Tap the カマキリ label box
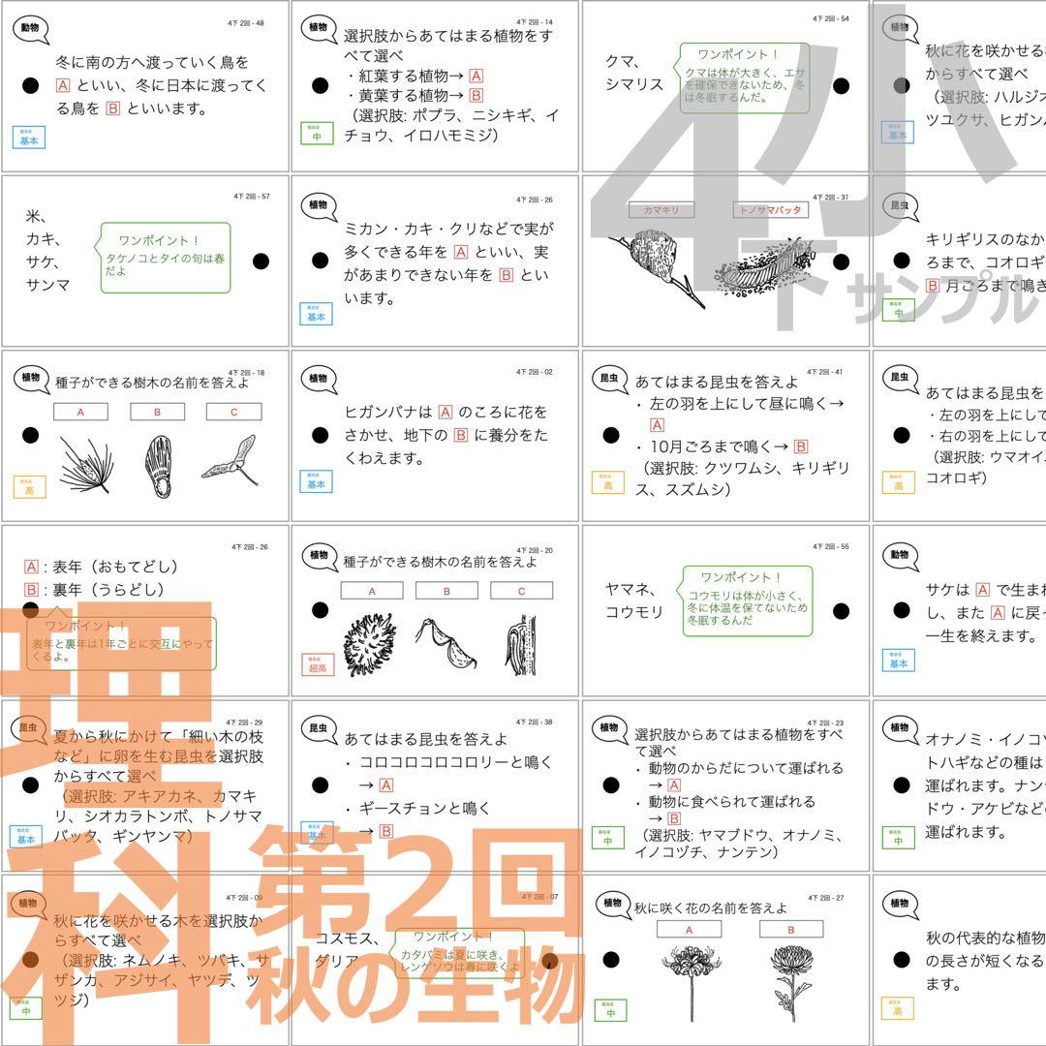pyautogui.click(x=661, y=209)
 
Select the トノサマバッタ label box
pyautogui.click(x=770, y=209)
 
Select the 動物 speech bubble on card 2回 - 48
pyautogui.click(x=31, y=28)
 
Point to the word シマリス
pyautogui.click(x=634, y=84)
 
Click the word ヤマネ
pyautogui.click(x=631, y=589)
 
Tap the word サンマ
pyautogui.click(x=48, y=285)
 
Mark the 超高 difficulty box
pyautogui.click(x=317, y=663)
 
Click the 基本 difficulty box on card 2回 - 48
pyautogui.click(x=29, y=137)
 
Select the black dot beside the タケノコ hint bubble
pyautogui.click(x=260, y=261)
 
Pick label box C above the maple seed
pyautogui.click(x=233, y=412)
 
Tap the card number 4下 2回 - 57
pyautogui.click(x=251, y=197)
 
